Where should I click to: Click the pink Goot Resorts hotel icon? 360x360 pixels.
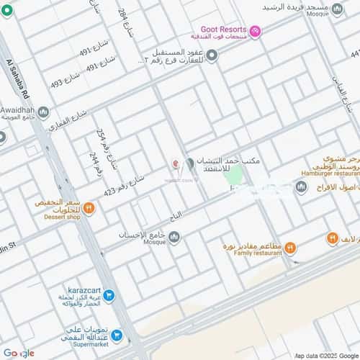257,30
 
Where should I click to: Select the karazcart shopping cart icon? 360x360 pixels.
109,294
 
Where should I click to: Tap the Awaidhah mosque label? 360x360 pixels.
18,112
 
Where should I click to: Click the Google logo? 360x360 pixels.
18,352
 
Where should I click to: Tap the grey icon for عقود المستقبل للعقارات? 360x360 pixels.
211,55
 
